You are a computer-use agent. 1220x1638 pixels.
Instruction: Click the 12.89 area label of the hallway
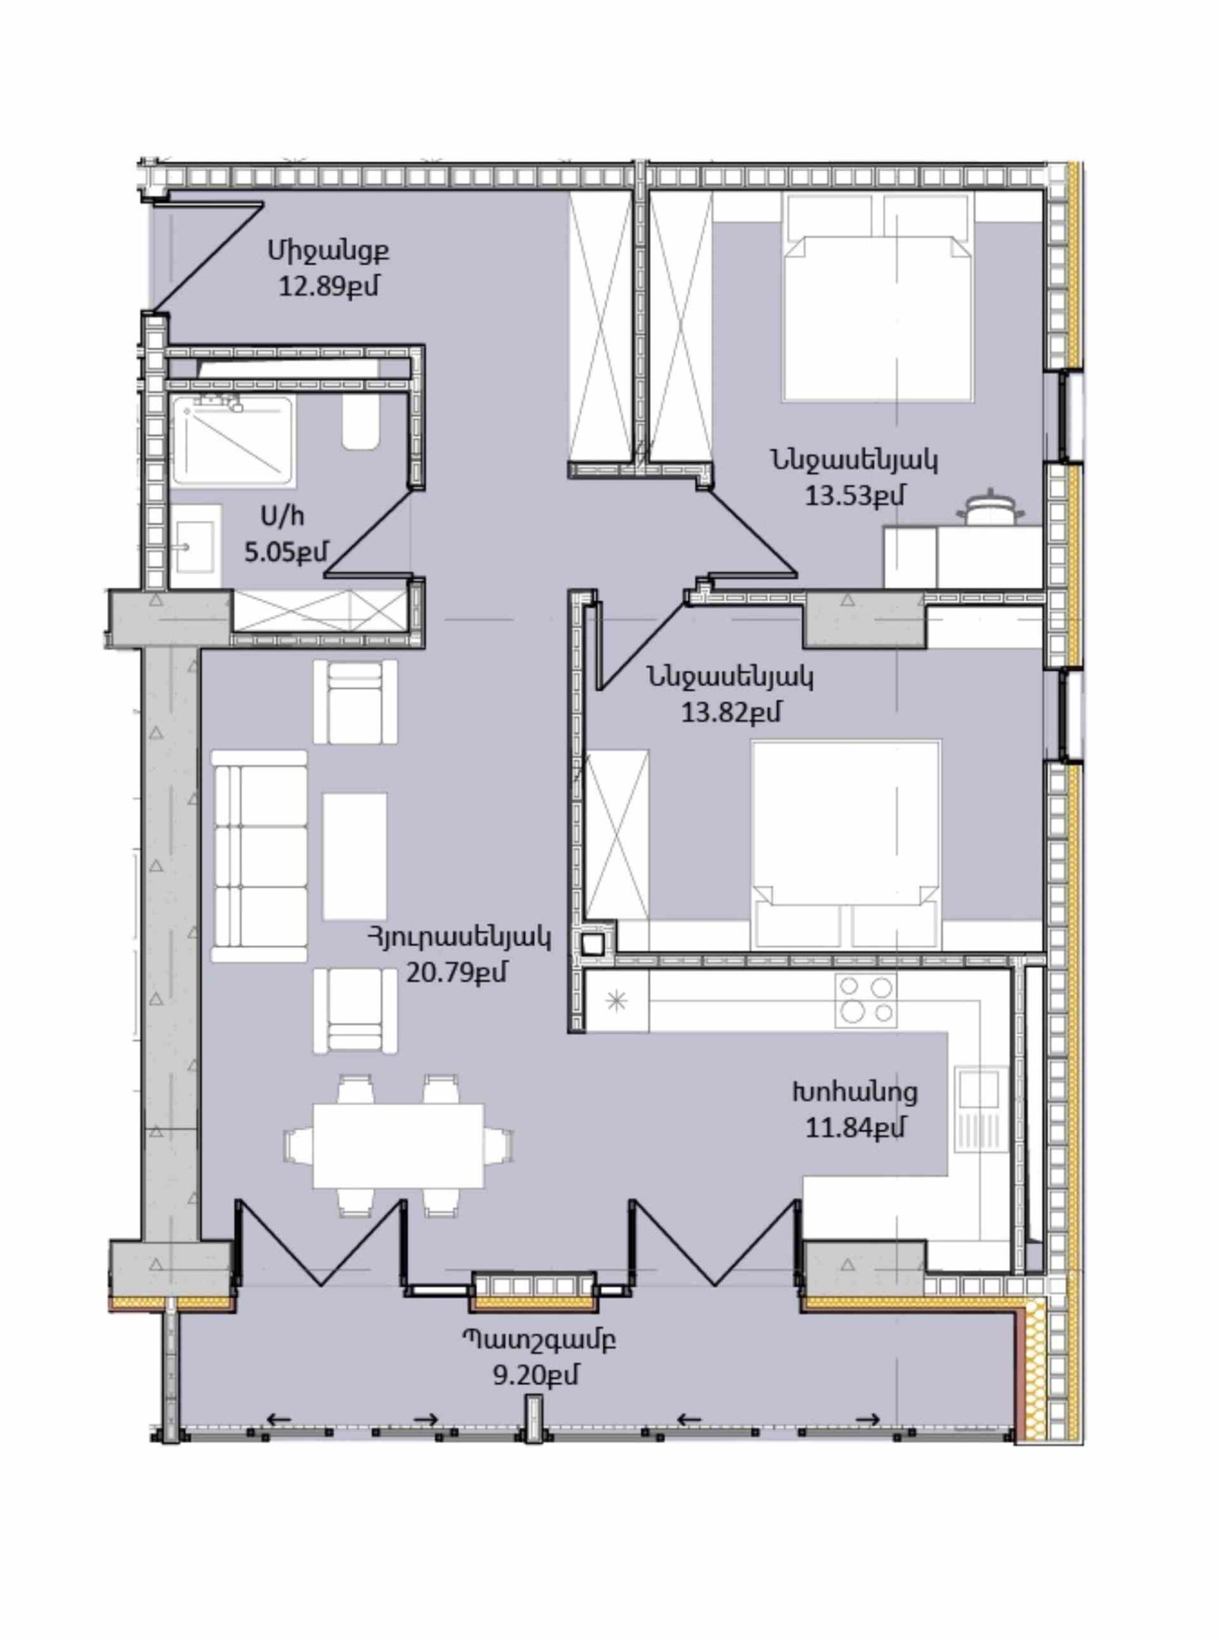pyautogui.click(x=328, y=287)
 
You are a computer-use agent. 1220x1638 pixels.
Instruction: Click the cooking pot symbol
pyautogui.click(x=988, y=510)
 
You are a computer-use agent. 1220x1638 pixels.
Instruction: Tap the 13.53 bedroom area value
pyautogui.click(x=854, y=495)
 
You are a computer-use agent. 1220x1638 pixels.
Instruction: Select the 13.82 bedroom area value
pyautogui.click(x=730, y=712)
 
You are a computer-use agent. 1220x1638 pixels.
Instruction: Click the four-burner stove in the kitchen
pyautogui.click(x=865, y=999)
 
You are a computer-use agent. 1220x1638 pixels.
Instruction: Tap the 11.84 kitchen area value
pyautogui.click(x=855, y=1128)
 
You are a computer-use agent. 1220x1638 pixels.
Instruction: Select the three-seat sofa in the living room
pyautogui.click(x=259, y=855)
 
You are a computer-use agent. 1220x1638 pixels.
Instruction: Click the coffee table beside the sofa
pyautogui.click(x=355, y=856)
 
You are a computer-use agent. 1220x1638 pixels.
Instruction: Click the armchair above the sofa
pyautogui.click(x=355, y=701)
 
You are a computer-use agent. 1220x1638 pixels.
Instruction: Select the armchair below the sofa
pyautogui.click(x=355, y=1010)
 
